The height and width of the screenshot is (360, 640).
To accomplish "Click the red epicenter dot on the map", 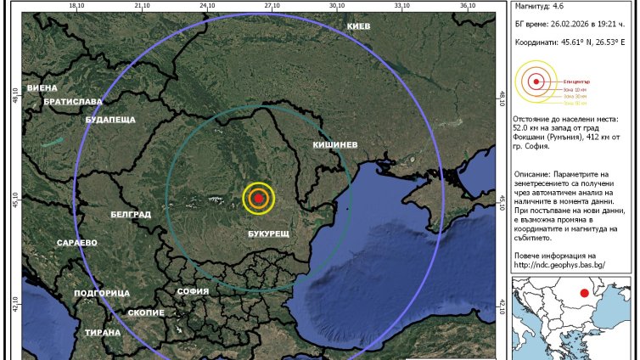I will [259, 197].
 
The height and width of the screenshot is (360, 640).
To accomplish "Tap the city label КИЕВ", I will [359, 27].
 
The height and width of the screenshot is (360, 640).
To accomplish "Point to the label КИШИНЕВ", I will [335, 145].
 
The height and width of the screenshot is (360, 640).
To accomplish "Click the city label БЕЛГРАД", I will [131, 215].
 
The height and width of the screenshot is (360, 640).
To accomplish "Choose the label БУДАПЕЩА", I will [110, 120].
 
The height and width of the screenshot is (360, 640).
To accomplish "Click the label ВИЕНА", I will [42, 87].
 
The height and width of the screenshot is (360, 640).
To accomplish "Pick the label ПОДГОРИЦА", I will [101, 292].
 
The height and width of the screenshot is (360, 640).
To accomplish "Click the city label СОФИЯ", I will [193, 291].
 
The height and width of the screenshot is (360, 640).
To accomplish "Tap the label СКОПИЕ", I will [146, 312].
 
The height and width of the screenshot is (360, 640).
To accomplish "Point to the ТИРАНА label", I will [103, 332].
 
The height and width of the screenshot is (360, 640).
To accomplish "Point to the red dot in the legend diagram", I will [536, 82].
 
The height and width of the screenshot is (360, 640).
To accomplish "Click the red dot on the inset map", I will [583, 295].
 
